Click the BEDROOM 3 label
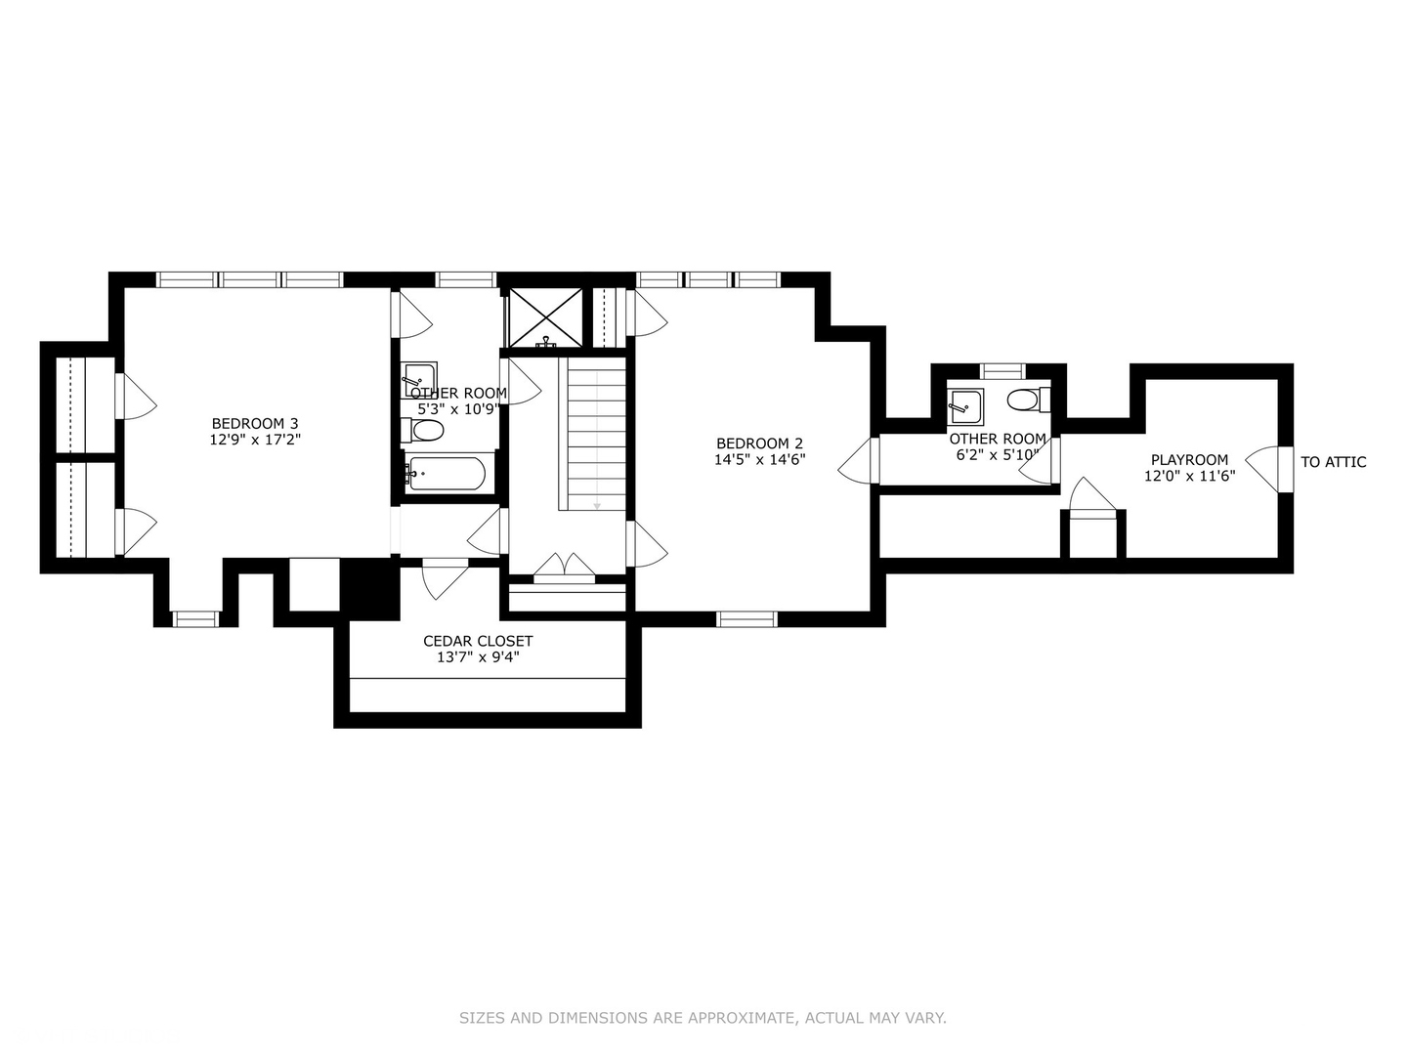click(255, 423)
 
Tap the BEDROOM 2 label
click(759, 443)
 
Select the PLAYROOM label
click(1189, 460)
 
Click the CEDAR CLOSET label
click(478, 641)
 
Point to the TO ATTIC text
click(1333, 462)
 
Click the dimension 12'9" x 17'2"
click(255, 440)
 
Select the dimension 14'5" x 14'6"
click(759, 460)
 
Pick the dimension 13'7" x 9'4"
click(478, 657)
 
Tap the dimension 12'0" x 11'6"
click(1189, 477)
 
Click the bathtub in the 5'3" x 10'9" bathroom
click(446, 475)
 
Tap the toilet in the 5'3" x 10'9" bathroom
click(425, 431)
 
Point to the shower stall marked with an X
click(543, 316)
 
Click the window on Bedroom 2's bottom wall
click(746, 618)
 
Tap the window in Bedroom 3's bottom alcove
click(195, 618)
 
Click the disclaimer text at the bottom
click(703, 1018)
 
